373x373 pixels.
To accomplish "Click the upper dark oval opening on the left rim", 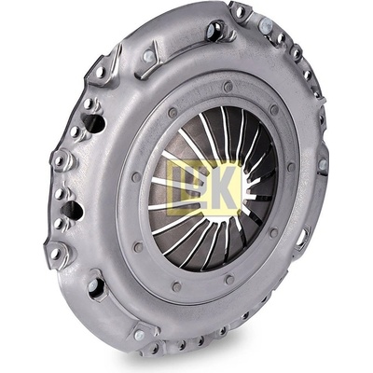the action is point(93,123).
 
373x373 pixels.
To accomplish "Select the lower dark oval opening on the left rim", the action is point(73,210).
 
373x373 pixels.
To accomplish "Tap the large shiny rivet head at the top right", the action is point(266,24).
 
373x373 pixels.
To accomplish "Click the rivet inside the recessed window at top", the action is point(213,29).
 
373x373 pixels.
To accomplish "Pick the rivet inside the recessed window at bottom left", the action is point(94,285).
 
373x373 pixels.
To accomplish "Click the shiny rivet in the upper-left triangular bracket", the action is point(149,56).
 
